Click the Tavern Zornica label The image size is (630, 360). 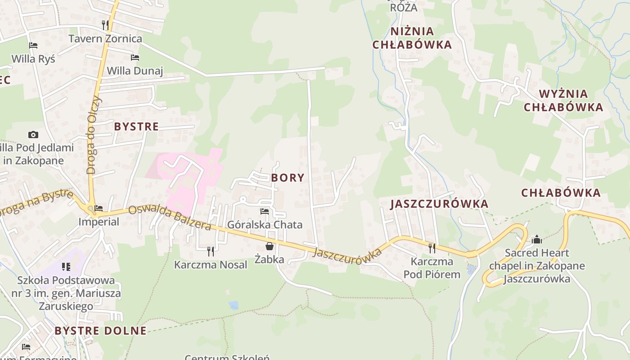[x=105, y=39]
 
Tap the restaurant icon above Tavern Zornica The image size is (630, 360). [x=105, y=25]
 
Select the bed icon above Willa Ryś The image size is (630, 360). [x=33, y=45]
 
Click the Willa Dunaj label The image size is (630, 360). [x=135, y=71]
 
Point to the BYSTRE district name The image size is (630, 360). [x=136, y=126]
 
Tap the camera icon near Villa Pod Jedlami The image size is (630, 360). [x=33, y=135]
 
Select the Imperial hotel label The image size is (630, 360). [x=99, y=222]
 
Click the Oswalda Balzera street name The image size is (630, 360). [x=170, y=218]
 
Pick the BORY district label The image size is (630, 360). [x=288, y=178]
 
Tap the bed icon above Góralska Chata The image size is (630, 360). [x=265, y=211]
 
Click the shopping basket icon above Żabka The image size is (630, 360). [x=269, y=246]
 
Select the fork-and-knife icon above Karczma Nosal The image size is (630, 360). [x=210, y=251]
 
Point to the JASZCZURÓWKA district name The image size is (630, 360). [x=439, y=204]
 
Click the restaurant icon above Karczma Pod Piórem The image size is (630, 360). [x=432, y=247]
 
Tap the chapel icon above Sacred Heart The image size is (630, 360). [x=536, y=240]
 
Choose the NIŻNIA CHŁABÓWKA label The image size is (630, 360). [x=412, y=38]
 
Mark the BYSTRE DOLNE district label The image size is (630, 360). [x=100, y=331]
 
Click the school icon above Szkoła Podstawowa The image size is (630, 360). [x=66, y=267]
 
